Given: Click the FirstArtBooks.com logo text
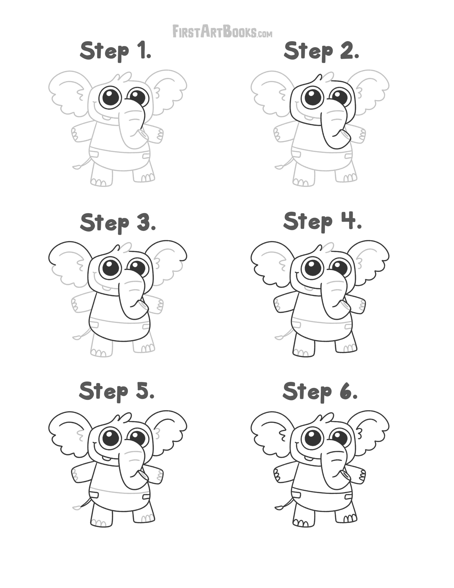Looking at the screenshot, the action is pos(222,31).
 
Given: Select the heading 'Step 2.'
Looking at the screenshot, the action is pos(321,51).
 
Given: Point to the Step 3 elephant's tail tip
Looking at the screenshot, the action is pos(77,338).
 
